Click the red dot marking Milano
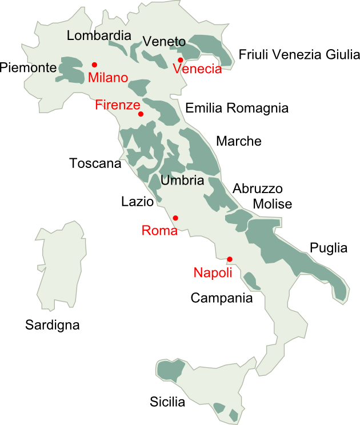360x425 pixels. click(94, 65)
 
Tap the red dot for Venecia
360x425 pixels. click(180, 60)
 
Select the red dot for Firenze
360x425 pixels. click(141, 114)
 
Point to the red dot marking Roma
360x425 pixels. click(175, 218)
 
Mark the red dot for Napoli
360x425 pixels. click(230, 259)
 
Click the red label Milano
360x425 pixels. click(108, 78)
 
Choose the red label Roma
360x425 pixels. click(159, 231)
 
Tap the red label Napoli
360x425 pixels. click(213, 273)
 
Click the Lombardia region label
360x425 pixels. click(99, 35)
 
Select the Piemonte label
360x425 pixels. click(29, 68)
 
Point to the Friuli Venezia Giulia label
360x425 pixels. click(299, 55)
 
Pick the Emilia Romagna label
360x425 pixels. click(237, 108)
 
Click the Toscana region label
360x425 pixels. click(95, 163)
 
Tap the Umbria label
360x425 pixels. click(182, 181)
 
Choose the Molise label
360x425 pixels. click(273, 204)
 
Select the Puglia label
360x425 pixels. click(328, 248)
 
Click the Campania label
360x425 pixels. click(221, 298)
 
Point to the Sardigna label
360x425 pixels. click(52, 326)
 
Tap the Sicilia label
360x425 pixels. click(167, 402)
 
